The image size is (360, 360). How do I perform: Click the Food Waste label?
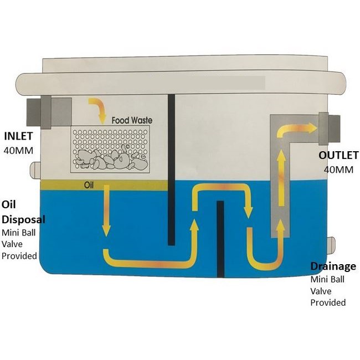pos(132,120)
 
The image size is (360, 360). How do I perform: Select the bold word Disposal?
pos(23,219)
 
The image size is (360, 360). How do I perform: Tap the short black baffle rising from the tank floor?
pos(220,239)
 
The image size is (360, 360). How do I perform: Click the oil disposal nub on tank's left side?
pos(35,168)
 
